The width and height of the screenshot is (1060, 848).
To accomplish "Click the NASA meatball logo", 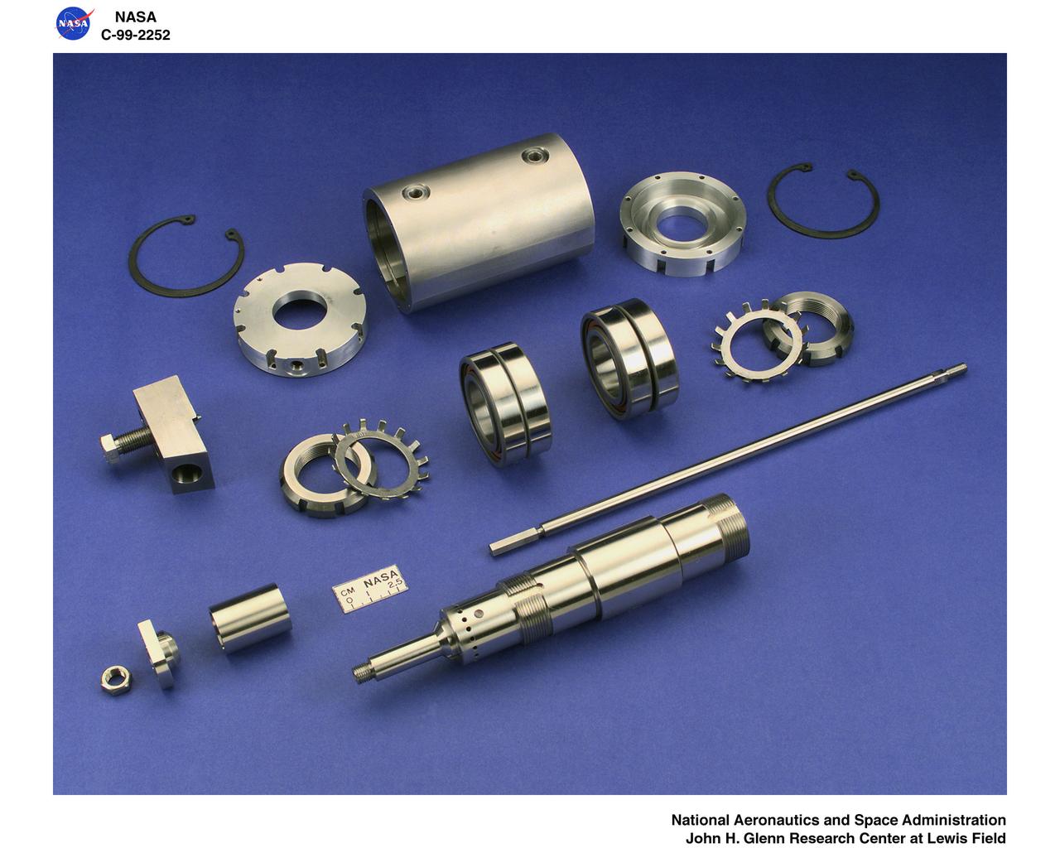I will click(x=73, y=24).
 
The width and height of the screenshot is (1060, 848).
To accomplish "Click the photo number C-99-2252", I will click(x=135, y=35).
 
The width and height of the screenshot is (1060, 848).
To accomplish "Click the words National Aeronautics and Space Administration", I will click(x=838, y=820).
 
